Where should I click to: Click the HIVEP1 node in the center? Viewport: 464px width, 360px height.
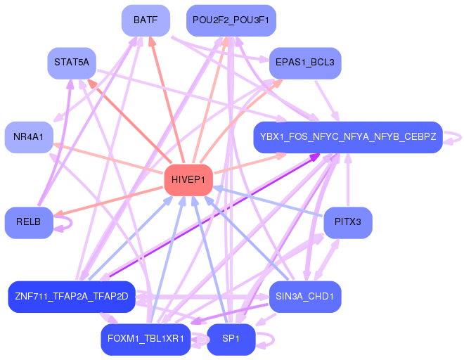188,181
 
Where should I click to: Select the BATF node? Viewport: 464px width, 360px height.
146,20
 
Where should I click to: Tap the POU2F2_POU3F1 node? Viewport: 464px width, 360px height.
231,20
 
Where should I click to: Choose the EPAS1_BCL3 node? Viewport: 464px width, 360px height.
305,63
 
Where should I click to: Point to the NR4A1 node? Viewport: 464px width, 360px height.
28,136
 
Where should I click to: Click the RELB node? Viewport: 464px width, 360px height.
29,222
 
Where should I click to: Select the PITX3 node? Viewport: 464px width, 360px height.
347,222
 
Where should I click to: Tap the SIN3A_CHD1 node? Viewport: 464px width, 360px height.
305,296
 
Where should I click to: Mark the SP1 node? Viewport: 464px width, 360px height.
231,339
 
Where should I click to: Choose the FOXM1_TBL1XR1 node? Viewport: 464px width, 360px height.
146,339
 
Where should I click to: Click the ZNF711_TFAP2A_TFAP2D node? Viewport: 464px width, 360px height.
71,296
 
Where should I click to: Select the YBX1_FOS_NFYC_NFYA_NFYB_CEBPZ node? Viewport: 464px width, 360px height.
347,136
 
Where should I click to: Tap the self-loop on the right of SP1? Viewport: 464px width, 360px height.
268,340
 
